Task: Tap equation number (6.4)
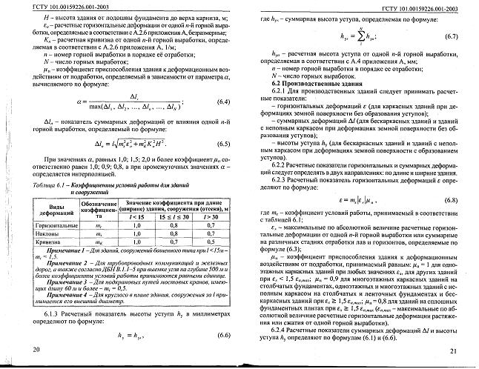pyautogui.click(x=222, y=102)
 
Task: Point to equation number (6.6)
pyautogui.click(x=223, y=336)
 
